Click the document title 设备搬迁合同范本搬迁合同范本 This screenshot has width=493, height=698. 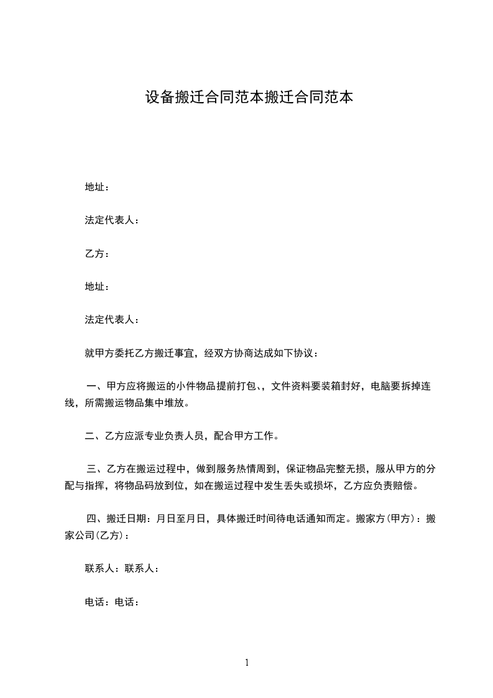(x=249, y=98)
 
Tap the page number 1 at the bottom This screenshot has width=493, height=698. (x=247, y=663)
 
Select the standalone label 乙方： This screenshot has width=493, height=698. (x=97, y=254)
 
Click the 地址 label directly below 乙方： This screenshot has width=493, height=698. (x=97, y=287)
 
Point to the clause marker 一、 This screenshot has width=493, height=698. (x=96, y=386)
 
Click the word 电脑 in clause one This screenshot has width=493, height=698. (x=380, y=386)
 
